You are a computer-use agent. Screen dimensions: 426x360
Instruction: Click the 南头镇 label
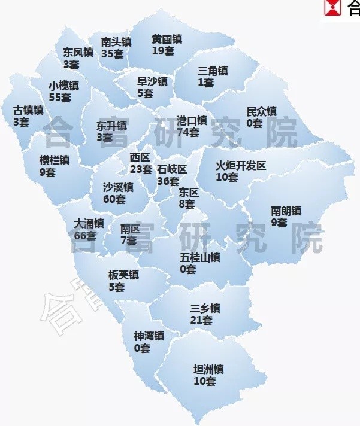[x=116, y=42]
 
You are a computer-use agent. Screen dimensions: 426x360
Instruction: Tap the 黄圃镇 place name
[x=167, y=39]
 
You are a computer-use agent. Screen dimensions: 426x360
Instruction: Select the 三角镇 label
[x=213, y=71]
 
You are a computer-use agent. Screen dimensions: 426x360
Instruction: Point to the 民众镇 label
[x=262, y=112]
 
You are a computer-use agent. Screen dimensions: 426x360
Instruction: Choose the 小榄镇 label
[x=63, y=86]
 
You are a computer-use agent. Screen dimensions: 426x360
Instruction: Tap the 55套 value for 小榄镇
[x=60, y=97]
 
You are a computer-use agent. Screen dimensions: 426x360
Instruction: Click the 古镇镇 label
[x=28, y=111]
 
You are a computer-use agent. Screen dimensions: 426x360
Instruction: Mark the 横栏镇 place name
[x=55, y=160]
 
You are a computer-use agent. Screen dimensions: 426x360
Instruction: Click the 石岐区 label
[x=173, y=169]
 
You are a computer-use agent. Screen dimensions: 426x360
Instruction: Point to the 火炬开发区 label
[x=241, y=165]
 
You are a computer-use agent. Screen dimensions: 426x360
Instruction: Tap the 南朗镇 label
[x=286, y=211]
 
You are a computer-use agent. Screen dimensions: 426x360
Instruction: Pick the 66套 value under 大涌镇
[x=85, y=235]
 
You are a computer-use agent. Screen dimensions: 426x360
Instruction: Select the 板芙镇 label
[x=123, y=275]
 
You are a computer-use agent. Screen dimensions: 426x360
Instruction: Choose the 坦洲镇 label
[x=208, y=369]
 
